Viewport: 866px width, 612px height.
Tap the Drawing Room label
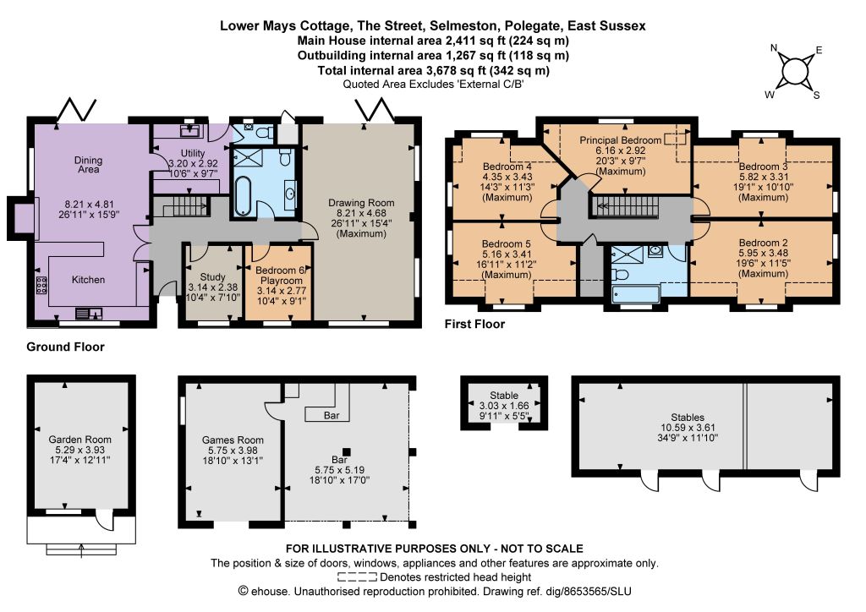(361, 203)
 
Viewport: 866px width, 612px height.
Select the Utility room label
(193, 153)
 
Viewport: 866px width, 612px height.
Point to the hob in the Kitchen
(41, 285)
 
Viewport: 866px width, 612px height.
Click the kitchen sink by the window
(89, 313)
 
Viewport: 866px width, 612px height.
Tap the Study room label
(212, 277)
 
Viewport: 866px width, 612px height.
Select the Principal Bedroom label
(620, 140)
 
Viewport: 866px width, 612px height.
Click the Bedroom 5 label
(506, 243)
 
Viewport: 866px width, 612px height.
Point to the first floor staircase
(627, 206)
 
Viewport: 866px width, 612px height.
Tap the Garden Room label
(80, 440)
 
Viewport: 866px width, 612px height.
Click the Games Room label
(233, 440)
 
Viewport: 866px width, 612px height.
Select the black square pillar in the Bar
(346, 451)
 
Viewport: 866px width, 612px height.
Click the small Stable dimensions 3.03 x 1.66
(504, 406)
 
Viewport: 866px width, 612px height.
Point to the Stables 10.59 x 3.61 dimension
(688, 427)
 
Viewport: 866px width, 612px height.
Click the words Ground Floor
(65, 347)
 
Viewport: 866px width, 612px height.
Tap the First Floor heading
(474, 324)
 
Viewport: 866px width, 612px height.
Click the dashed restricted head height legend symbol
(358, 577)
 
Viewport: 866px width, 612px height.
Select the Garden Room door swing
(102, 520)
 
